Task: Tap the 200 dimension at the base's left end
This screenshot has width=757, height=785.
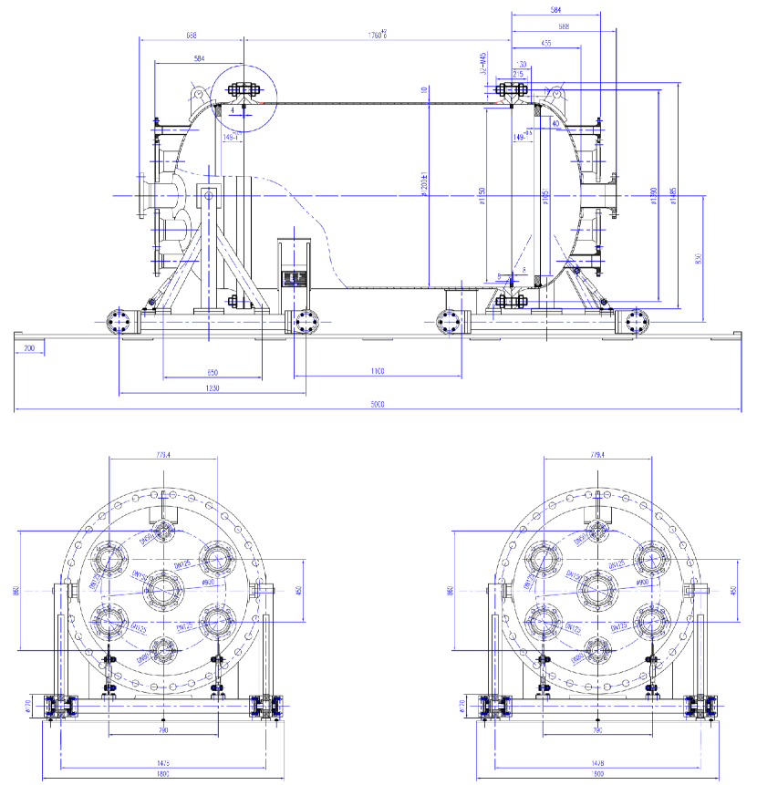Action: pyautogui.click(x=30, y=348)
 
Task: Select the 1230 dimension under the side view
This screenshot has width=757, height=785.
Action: pyautogui.click(x=212, y=388)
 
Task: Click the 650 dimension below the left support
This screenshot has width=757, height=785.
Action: pyautogui.click(x=212, y=372)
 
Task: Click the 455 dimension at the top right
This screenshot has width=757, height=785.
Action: pyautogui.click(x=545, y=43)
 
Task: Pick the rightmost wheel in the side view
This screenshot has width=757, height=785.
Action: pyautogui.click(x=635, y=322)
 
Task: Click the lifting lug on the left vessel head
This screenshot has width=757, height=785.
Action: pyautogui.click(x=198, y=91)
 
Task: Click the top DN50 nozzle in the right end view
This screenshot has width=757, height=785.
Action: pyautogui.click(x=597, y=531)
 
